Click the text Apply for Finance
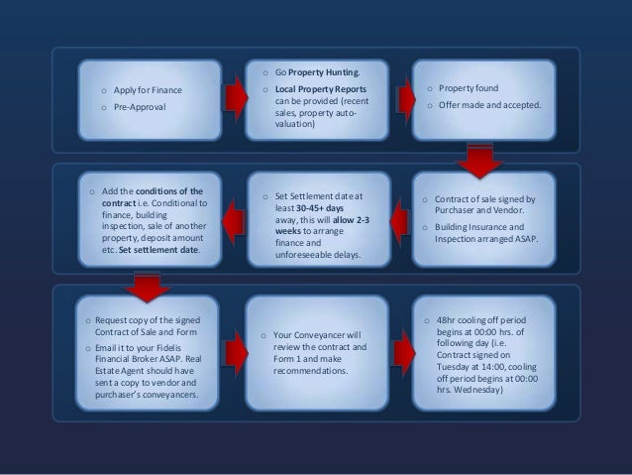[x=148, y=90]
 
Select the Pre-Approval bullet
[x=140, y=105]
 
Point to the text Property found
[x=469, y=88]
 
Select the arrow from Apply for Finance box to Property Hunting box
[x=235, y=97]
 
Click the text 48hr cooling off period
[x=484, y=320]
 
